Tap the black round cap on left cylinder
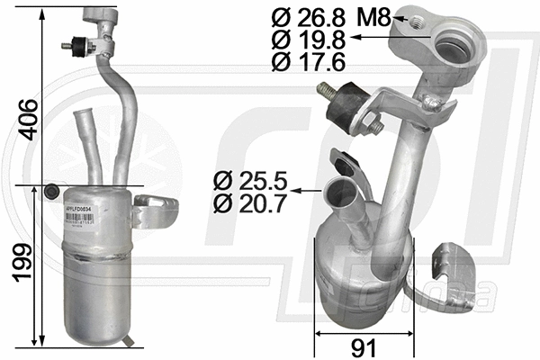(52, 191)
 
